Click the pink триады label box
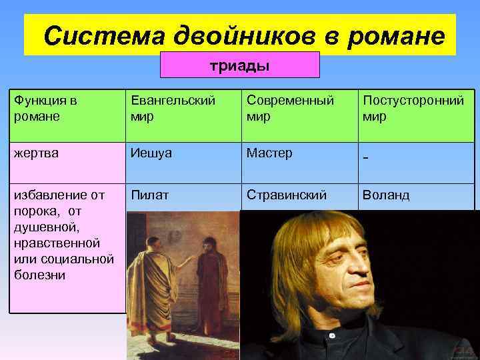point(240,65)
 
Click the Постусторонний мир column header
point(413,108)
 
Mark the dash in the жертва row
point(366,157)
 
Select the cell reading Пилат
point(150,196)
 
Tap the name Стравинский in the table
point(287,196)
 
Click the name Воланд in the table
point(386,196)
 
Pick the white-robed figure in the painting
point(151,273)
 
